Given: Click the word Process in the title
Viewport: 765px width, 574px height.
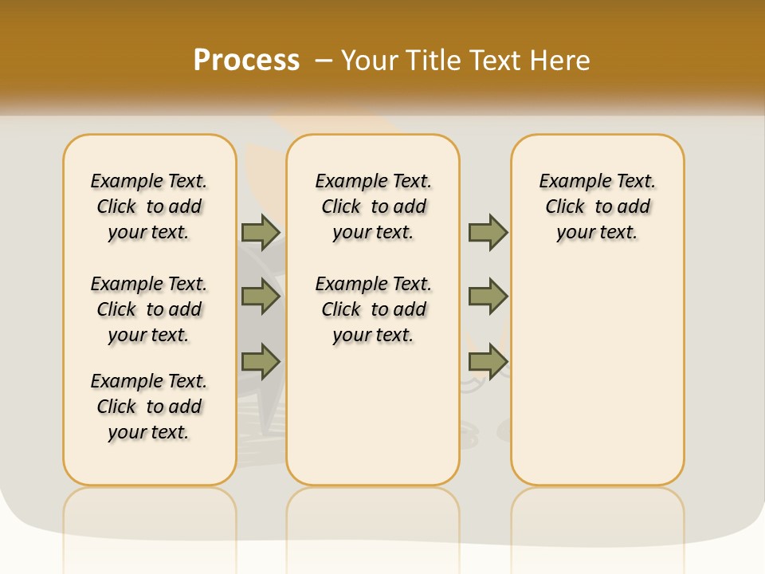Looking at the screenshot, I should (x=246, y=60).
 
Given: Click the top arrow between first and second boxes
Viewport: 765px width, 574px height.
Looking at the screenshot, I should (x=260, y=232).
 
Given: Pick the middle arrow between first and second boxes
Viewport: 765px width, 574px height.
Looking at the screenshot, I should (x=260, y=297).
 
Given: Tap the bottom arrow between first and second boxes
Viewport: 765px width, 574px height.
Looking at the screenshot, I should (x=260, y=361).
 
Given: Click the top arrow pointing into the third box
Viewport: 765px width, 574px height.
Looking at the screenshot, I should (x=488, y=232).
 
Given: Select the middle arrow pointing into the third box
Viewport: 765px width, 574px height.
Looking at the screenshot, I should (x=488, y=297).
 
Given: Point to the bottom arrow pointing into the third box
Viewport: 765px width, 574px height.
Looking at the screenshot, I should (x=488, y=361).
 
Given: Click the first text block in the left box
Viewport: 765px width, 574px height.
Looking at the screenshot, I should (x=149, y=206).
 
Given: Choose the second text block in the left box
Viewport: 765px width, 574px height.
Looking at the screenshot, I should (x=149, y=309).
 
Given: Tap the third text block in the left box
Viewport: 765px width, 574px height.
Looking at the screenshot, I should (x=149, y=407).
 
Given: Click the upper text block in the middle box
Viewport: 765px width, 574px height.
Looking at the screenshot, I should (x=373, y=206).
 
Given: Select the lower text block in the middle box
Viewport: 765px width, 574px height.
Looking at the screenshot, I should (x=373, y=309).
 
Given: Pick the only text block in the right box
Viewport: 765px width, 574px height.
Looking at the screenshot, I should (x=597, y=206).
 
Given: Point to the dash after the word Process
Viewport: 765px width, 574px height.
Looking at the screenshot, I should (x=324, y=61).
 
